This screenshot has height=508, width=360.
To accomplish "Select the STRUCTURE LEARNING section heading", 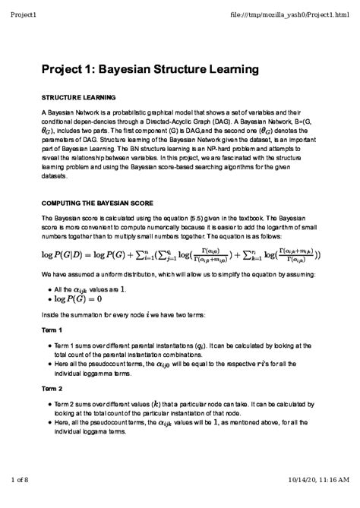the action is pyautogui.click(x=77, y=98).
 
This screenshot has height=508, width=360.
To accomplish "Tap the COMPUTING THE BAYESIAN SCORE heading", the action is pyautogui.click(x=97, y=204).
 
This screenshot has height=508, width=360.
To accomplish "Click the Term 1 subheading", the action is pyautogui.click(x=52, y=330).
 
